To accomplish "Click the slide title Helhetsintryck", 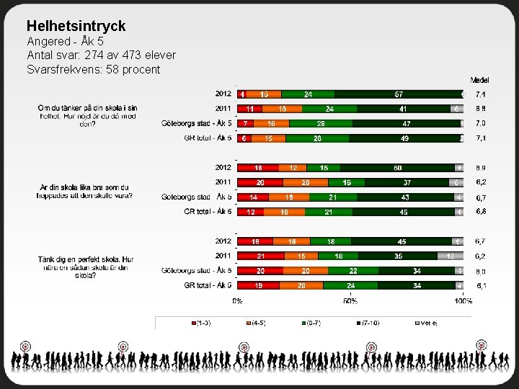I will [76, 26].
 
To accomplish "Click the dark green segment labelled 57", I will [398, 94].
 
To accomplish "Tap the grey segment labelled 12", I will [450, 256].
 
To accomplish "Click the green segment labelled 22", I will [352, 271].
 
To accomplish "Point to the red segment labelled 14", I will [253, 197].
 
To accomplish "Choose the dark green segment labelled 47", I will [407, 123].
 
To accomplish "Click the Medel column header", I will [479, 79].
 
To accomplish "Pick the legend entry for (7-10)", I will [374, 323].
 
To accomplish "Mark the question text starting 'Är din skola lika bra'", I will [86, 192].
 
